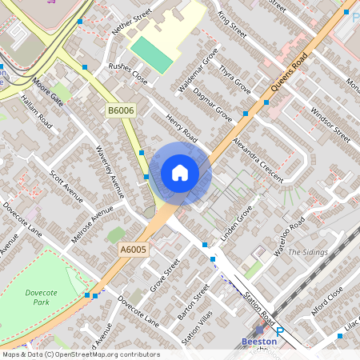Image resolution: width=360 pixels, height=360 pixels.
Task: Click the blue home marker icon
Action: [x=180, y=173]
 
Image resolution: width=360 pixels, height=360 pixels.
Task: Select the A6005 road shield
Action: [x=133, y=250]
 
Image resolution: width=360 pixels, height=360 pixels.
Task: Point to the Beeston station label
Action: [x=259, y=341]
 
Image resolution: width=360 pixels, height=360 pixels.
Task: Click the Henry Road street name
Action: [x=182, y=128]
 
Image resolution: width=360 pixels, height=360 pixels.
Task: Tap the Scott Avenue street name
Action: [x=66, y=186]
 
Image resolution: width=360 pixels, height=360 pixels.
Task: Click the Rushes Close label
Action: [x=128, y=74]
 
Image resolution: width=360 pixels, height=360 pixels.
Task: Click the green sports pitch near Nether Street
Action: [x=152, y=54]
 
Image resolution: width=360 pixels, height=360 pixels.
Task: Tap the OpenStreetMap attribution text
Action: [x=81, y=354]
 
